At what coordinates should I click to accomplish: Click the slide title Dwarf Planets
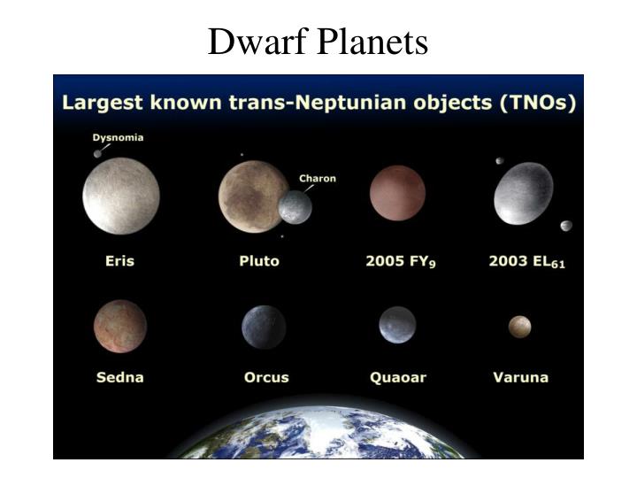(x=318, y=42)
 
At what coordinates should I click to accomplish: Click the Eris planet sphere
(x=121, y=197)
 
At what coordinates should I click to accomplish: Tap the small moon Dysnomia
(x=96, y=154)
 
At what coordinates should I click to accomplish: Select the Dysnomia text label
(x=119, y=137)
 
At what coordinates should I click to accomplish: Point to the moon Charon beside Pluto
(x=295, y=207)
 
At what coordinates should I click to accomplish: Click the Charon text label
(x=318, y=178)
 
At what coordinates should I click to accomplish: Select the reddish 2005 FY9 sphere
(x=397, y=194)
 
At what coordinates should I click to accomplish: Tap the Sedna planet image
(x=119, y=326)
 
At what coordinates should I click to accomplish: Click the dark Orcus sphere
(x=264, y=326)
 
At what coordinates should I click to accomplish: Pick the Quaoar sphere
(x=397, y=325)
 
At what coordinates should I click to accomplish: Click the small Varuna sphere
(x=519, y=326)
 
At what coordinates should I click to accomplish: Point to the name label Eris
(x=119, y=261)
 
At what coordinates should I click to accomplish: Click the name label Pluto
(x=258, y=261)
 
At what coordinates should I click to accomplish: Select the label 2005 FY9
(x=401, y=262)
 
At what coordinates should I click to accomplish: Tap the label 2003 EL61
(x=526, y=262)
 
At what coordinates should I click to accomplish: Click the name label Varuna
(x=520, y=377)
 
